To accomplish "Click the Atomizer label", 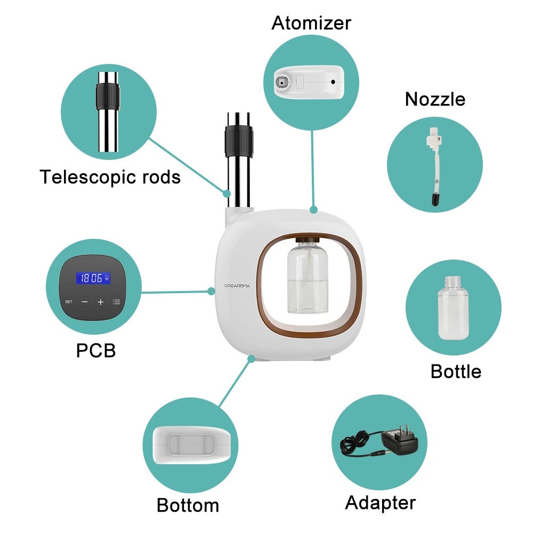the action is coord(311,23).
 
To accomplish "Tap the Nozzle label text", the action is coord(435,99).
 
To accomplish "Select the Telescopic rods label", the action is coord(110,176).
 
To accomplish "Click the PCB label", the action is coord(96,350).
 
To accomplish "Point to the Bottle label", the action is coord(456,372).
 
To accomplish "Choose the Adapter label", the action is coord(380,503).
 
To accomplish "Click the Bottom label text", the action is coord(188,505).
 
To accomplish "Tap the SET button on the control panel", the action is coord(69,302).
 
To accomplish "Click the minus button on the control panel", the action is coord(85,302).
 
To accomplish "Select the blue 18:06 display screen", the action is coord(93,278).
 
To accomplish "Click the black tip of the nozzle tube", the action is coord(435,199).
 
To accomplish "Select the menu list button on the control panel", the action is coord(116,302).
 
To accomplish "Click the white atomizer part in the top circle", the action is coord(309,82).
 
